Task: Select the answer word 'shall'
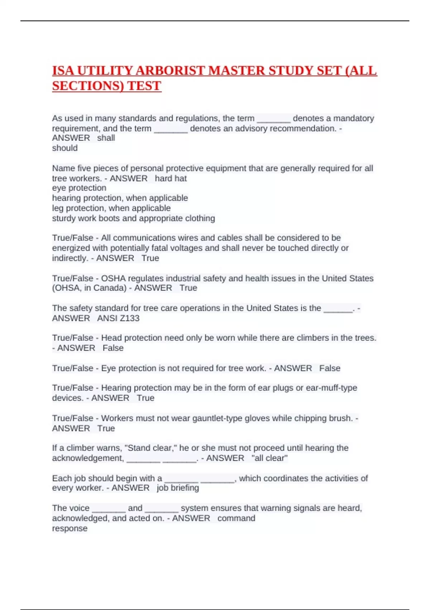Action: point(106,138)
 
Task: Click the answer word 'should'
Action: point(65,148)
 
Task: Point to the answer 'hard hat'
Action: point(171,178)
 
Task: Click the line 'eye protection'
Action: point(79,188)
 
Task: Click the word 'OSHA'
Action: point(113,278)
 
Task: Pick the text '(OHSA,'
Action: point(67,288)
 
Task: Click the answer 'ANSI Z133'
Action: point(118,318)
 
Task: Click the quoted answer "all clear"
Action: point(269,458)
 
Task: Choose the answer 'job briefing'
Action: point(178,488)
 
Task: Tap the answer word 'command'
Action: point(236,518)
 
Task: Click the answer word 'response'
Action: point(70,529)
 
